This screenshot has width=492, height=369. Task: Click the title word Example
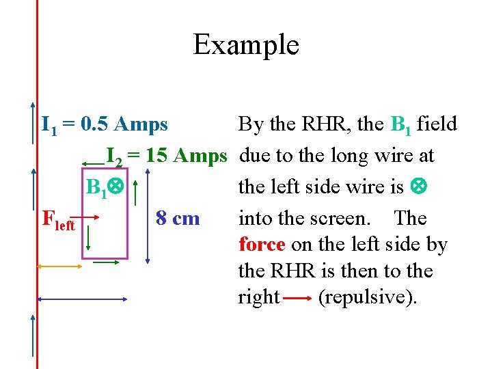click(x=246, y=45)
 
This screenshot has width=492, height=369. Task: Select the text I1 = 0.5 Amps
click(x=105, y=124)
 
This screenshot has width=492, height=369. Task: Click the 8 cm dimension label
click(x=178, y=219)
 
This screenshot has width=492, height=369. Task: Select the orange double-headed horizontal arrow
click(x=59, y=266)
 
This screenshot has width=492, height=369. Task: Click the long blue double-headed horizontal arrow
click(x=82, y=299)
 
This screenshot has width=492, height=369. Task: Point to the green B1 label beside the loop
click(x=98, y=187)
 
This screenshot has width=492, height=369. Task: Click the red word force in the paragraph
click(x=263, y=245)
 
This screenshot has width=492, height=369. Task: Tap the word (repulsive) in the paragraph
click(x=367, y=298)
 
